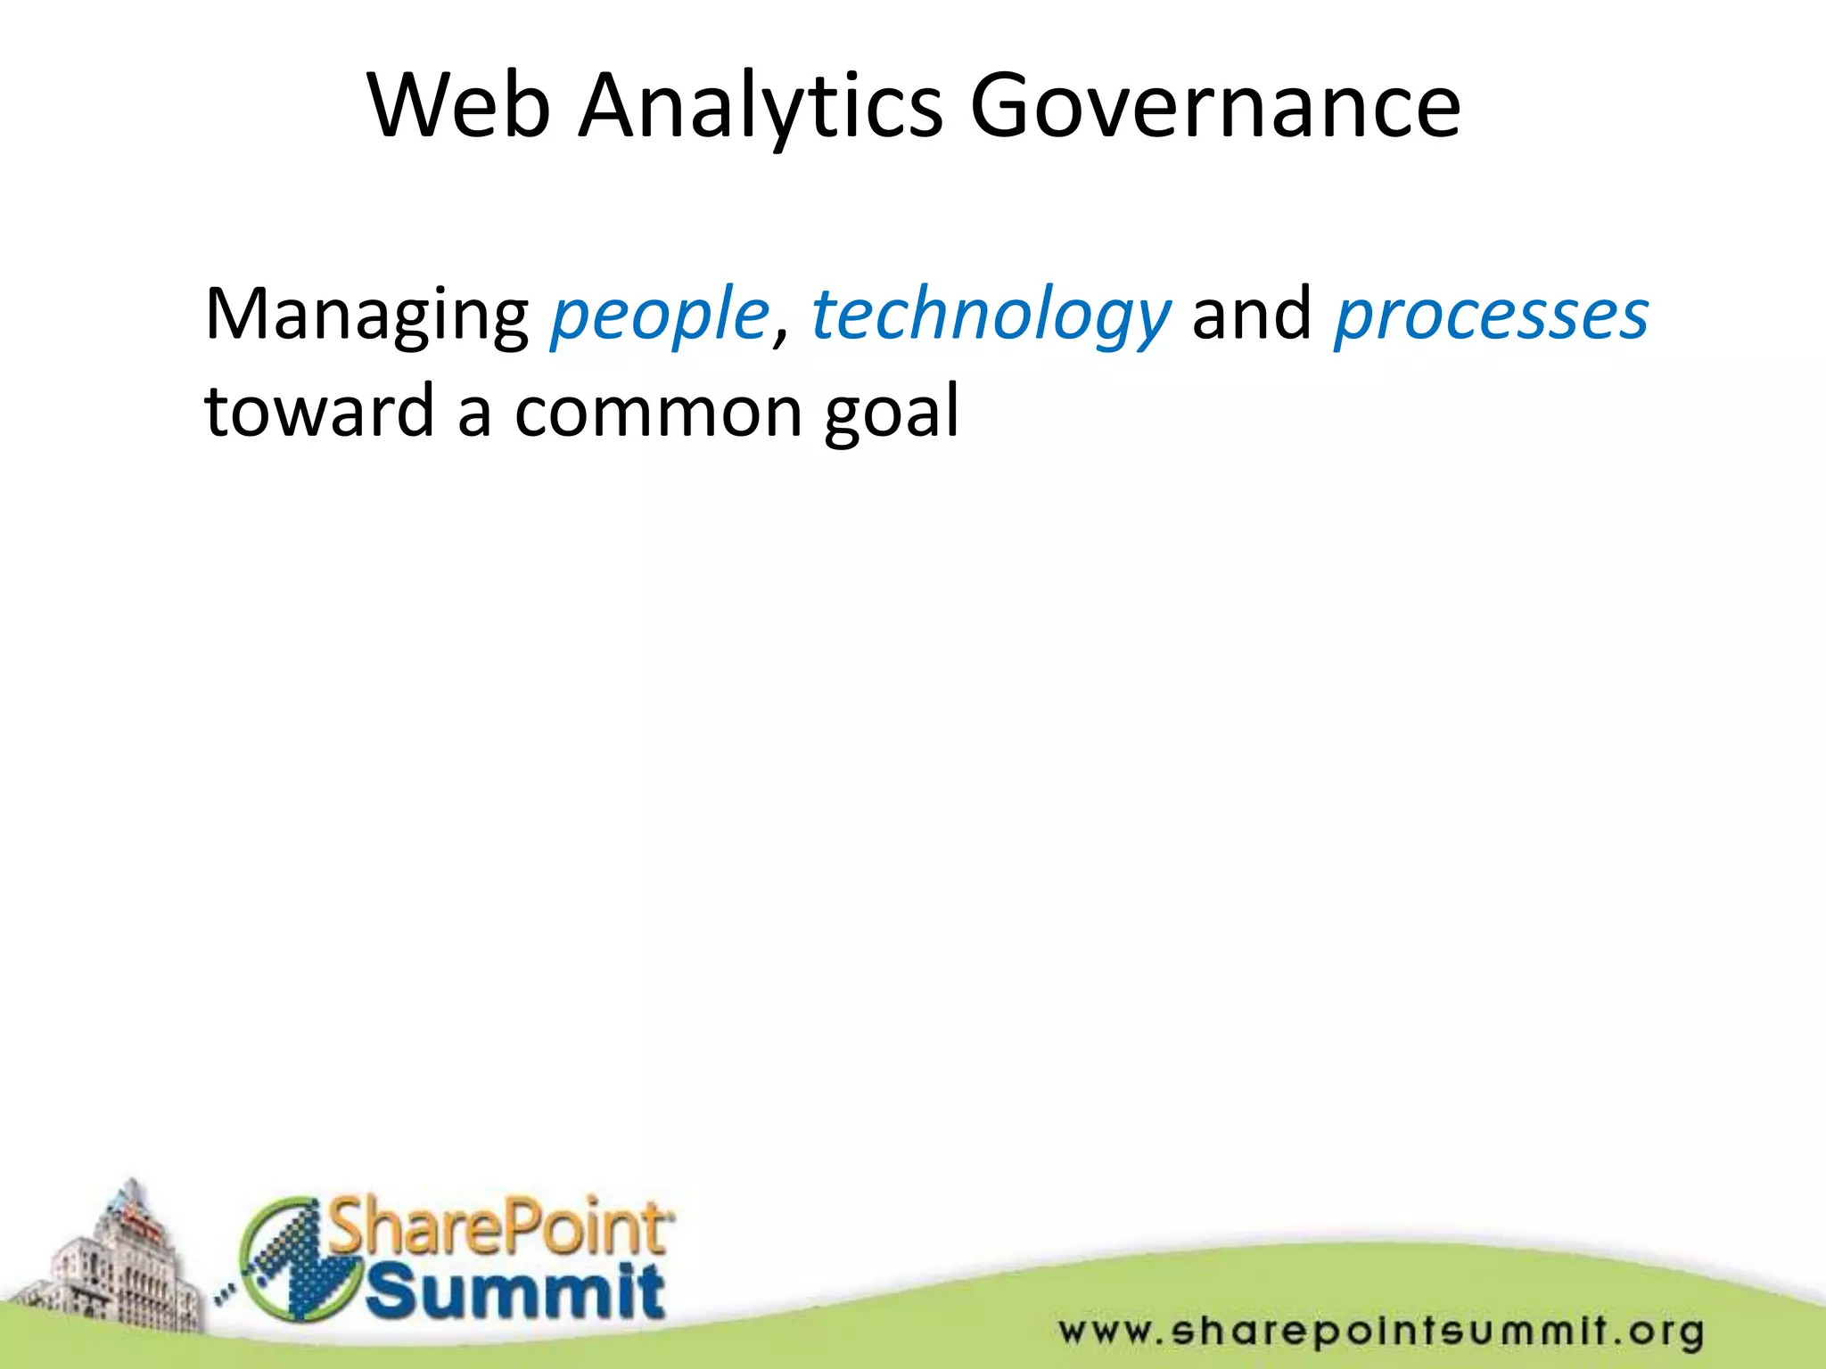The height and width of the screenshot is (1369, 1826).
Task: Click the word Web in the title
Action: [x=458, y=107]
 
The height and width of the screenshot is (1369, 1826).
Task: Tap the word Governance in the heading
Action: [x=1214, y=107]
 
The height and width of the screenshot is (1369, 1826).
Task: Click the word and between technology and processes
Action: [x=1252, y=315]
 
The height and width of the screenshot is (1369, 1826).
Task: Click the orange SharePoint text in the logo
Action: [x=499, y=1227]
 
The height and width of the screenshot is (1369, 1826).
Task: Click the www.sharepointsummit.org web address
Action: [x=1381, y=1332]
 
